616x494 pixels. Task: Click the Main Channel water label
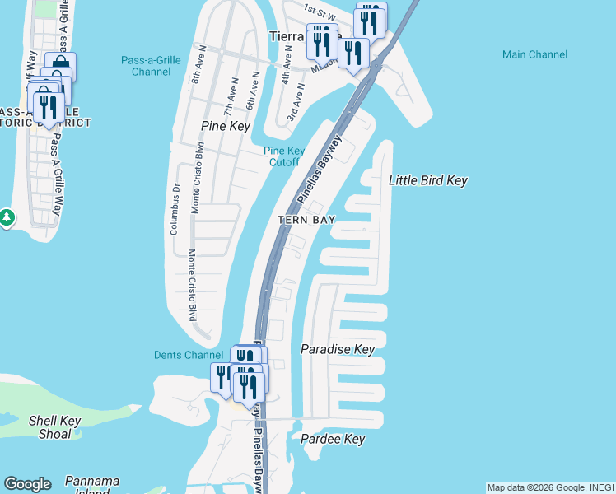534,54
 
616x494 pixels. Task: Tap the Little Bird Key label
427,180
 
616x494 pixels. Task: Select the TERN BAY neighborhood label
306,220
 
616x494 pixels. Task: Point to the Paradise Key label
338,349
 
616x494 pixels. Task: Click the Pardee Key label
332,439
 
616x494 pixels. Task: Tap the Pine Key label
225,126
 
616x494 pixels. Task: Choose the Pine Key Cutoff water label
284,156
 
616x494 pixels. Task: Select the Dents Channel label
189,355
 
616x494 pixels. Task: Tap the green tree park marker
7,218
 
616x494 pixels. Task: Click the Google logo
27,484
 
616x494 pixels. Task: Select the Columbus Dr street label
175,210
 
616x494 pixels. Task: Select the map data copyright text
550,487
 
